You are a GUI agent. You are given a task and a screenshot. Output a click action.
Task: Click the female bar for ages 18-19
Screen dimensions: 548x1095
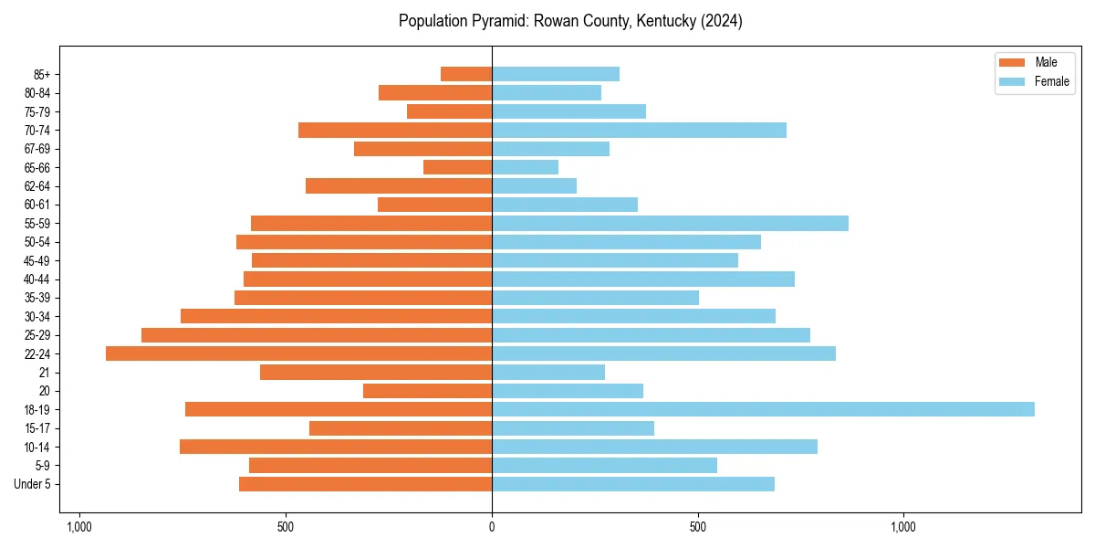(763, 409)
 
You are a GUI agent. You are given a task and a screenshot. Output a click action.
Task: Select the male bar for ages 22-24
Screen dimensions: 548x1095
(298, 353)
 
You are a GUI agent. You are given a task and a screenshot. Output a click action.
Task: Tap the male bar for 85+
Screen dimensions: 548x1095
(466, 74)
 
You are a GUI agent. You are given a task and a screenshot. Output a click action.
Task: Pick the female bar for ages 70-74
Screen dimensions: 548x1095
(639, 130)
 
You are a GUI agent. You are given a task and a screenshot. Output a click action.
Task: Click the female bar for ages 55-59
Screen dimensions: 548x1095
(670, 223)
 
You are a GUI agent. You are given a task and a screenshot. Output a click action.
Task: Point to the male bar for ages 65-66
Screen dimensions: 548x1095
(457, 167)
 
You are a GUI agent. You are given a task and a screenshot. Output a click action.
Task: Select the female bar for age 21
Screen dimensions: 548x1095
(548, 372)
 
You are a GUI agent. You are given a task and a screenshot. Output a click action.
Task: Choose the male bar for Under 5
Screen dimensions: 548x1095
(365, 484)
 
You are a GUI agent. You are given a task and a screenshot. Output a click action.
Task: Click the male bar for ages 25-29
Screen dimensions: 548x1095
(317, 335)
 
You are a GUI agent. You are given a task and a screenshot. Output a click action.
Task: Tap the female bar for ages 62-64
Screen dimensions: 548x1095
(534, 186)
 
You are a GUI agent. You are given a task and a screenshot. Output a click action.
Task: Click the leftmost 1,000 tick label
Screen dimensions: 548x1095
(79, 527)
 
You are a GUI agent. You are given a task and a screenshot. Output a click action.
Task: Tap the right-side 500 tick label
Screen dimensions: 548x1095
(698, 527)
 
